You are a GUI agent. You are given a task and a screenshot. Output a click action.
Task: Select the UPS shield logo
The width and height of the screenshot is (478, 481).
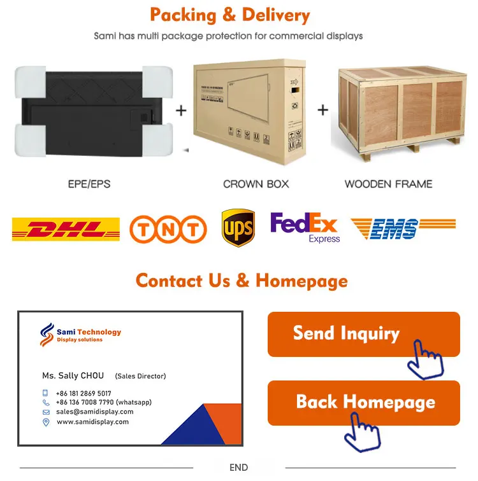point(238,228)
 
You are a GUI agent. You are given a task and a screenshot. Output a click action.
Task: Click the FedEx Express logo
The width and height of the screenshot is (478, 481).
point(305,227)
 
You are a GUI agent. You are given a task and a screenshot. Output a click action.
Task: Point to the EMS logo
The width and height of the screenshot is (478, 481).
point(402,228)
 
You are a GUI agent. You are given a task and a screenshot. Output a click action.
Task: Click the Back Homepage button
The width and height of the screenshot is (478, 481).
point(363,402)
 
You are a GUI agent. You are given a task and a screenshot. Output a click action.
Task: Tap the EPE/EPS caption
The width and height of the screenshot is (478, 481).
point(89,184)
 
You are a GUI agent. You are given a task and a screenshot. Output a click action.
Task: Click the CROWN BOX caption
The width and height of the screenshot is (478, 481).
point(256,184)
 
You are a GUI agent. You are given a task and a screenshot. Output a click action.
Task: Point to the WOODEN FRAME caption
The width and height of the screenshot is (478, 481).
point(388,184)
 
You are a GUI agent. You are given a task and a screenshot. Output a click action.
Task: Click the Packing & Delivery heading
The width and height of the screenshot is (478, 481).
point(230,15)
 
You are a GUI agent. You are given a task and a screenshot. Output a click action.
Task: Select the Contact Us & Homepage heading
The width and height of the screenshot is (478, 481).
point(242,281)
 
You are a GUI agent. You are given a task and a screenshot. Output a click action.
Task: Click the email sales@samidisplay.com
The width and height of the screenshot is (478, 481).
point(94,412)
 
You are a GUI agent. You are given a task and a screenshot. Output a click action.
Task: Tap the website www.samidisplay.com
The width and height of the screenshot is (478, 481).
point(92,422)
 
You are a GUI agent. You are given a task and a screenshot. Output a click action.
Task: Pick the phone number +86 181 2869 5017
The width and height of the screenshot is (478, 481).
point(83,394)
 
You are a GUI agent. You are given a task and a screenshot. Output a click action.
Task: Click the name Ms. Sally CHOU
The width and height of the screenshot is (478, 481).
point(73,376)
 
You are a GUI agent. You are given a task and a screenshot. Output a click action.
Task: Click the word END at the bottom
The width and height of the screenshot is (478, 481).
point(238,468)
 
